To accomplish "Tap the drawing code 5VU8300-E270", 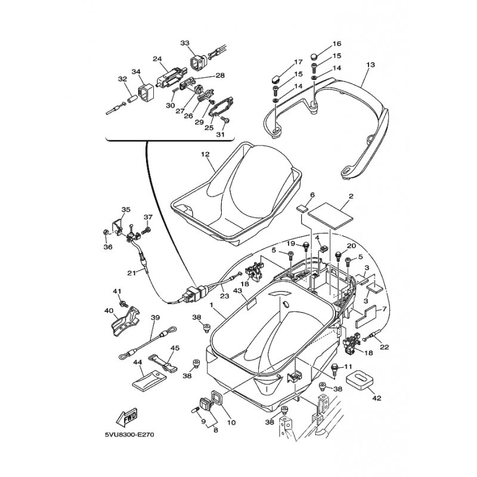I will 128,435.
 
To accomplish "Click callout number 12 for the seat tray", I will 205,154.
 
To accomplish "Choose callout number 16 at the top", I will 337,44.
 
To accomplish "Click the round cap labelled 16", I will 314,57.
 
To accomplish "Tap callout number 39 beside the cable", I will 154,318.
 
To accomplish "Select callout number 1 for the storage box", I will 211,305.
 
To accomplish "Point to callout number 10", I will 231,423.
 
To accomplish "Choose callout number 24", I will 157,59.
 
